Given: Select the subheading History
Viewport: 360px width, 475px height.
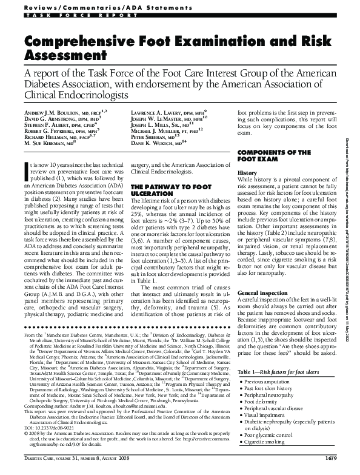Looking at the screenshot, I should pos(247,173).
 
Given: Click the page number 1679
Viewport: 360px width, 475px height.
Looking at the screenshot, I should pos(338,465).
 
